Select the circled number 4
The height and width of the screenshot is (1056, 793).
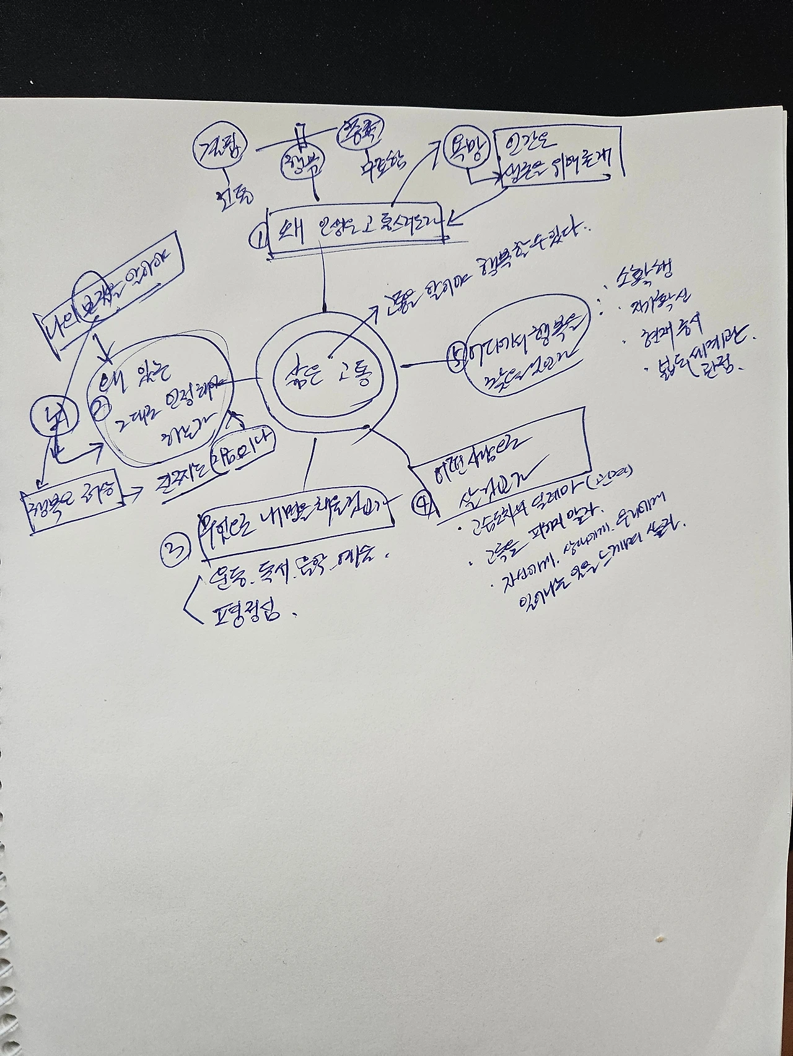pos(423,504)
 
